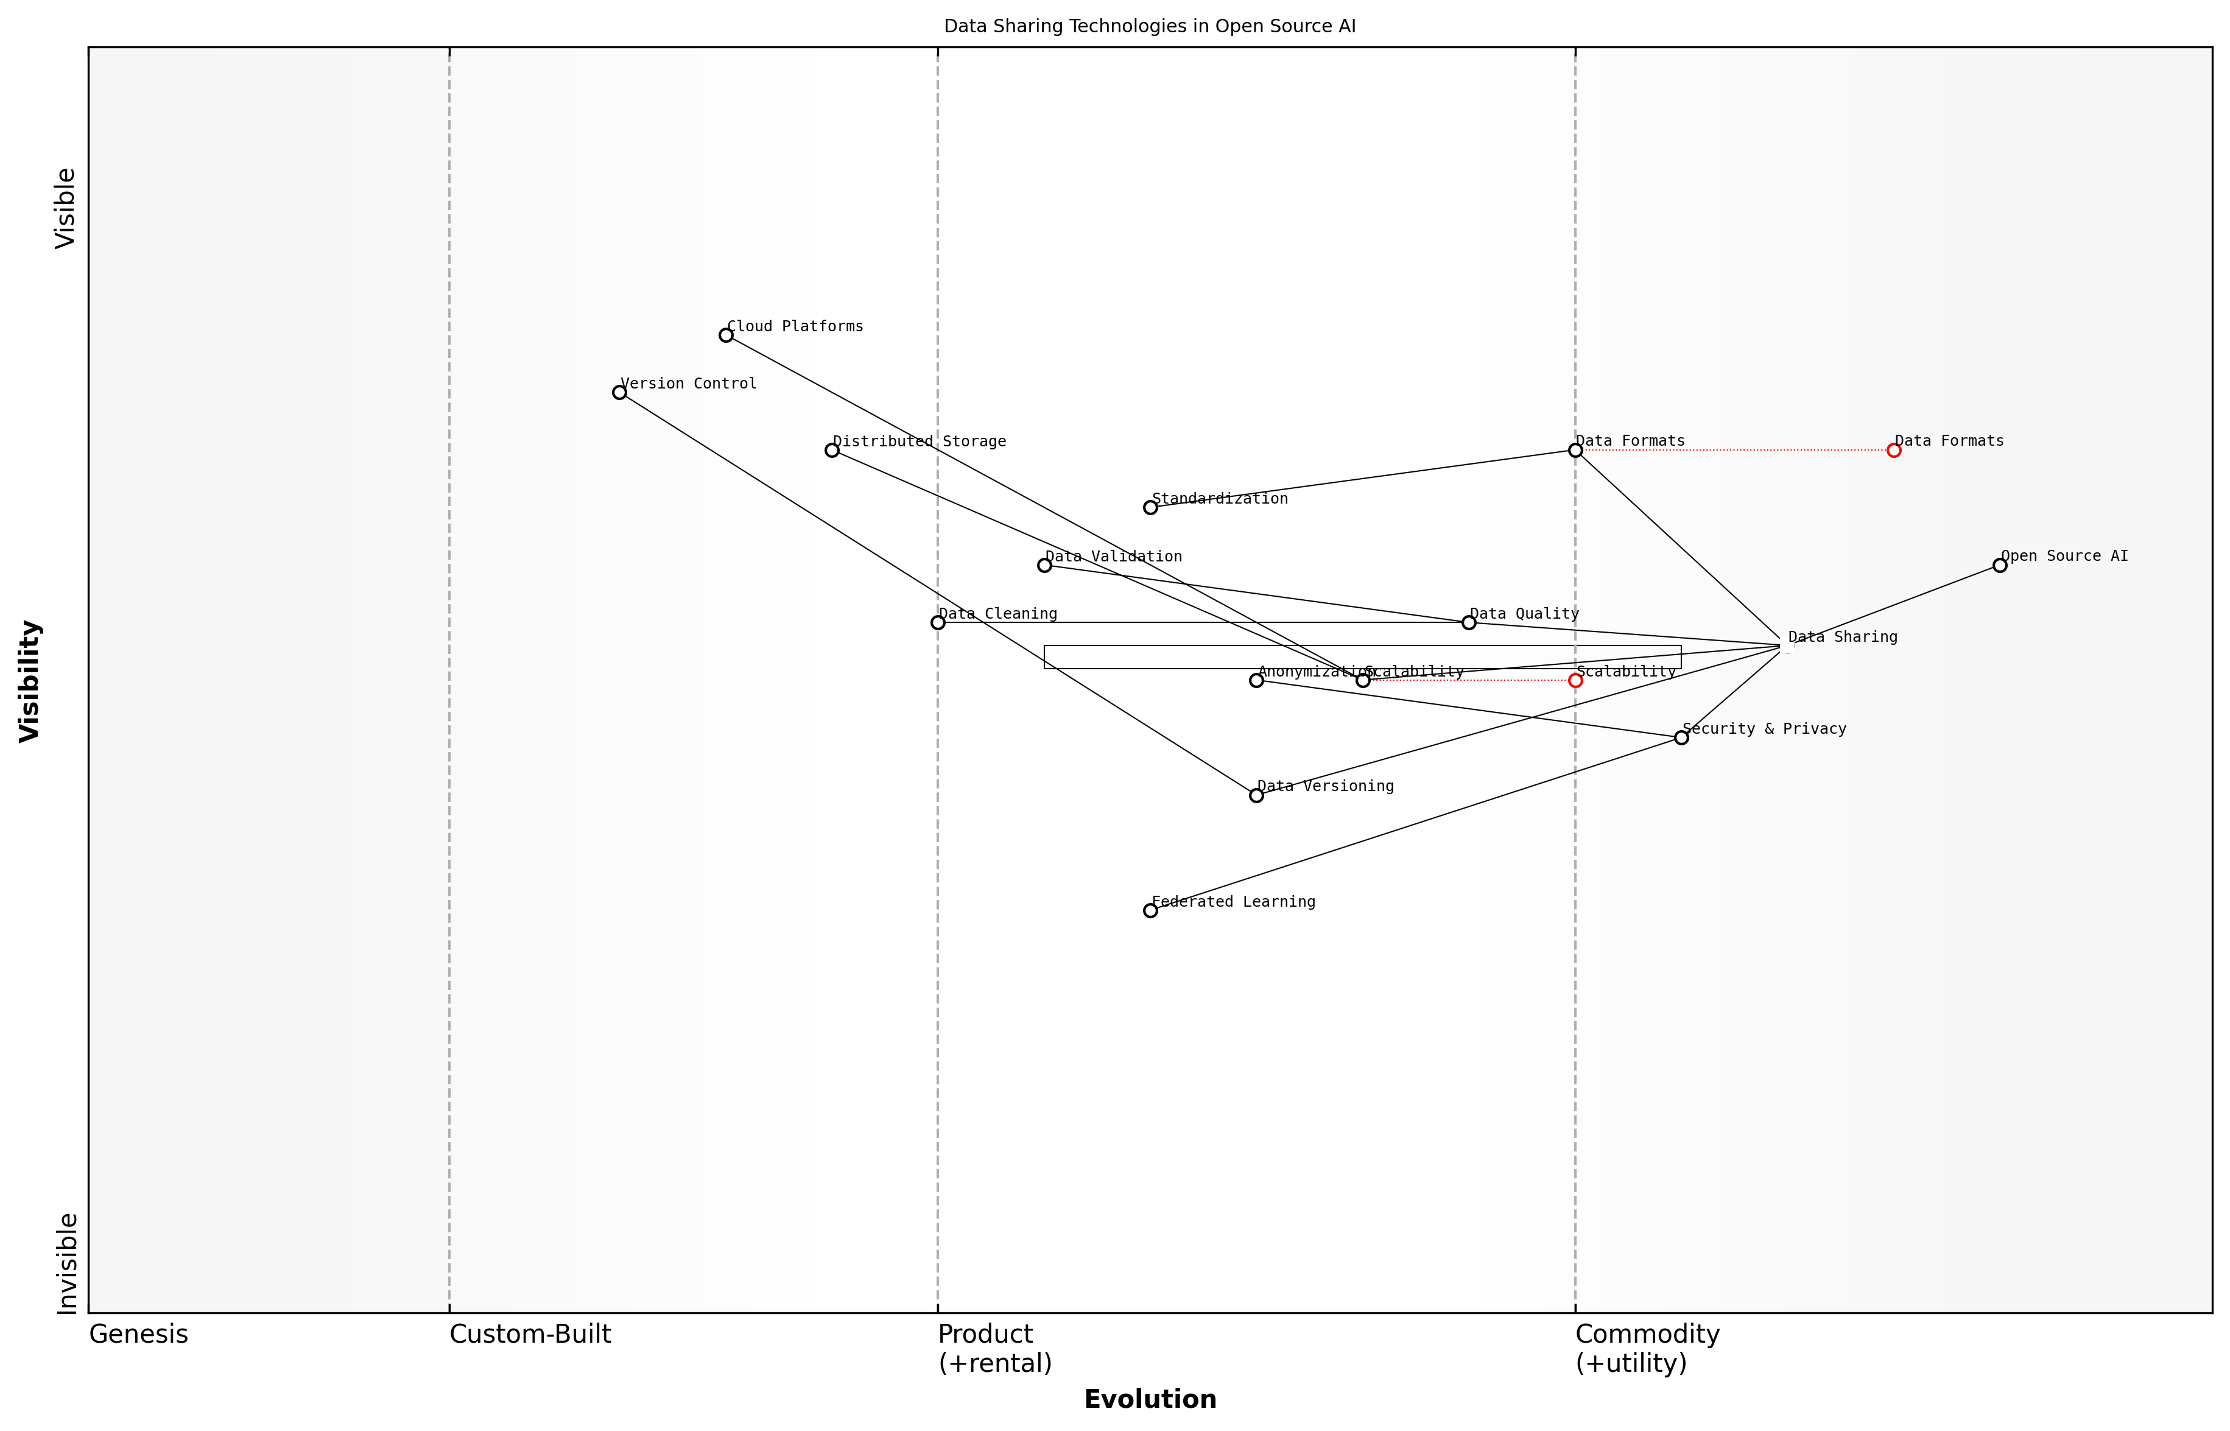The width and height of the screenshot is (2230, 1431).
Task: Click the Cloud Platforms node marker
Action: pos(726,336)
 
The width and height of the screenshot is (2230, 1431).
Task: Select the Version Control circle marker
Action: pos(620,393)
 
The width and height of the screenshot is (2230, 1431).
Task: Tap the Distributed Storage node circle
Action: pos(832,451)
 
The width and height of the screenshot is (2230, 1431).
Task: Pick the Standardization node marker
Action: pos(1150,507)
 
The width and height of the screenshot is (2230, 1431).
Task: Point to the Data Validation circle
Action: pos(1044,565)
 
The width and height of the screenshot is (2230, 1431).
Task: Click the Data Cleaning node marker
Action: pos(938,622)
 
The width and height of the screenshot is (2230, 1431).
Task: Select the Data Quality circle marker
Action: pos(1469,622)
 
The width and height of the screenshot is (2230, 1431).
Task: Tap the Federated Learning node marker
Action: pos(1150,910)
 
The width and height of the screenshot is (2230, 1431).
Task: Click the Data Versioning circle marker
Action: pos(1256,795)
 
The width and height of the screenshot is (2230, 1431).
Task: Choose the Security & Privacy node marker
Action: pos(1681,738)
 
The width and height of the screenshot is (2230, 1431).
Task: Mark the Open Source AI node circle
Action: pos(2000,565)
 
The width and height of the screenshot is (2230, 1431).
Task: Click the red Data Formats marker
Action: pos(1894,451)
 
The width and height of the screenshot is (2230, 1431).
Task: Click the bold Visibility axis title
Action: pos(30,681)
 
